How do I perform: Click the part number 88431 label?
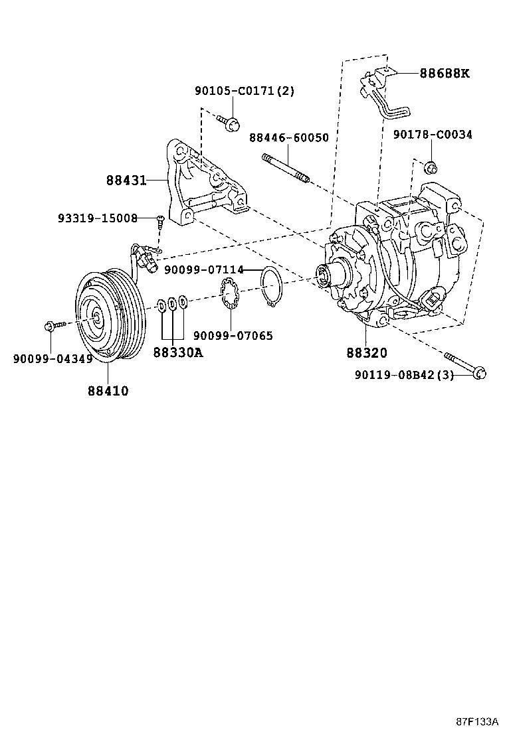[x=126, y=180]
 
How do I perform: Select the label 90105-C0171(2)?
[x=244, y=92]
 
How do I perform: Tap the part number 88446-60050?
[x=289, y=137]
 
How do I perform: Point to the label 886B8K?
[x=444, y=74]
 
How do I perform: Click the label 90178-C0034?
[x=432, y=135]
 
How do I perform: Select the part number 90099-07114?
[x=203, y=270]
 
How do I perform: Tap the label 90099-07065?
[x=233, y=336]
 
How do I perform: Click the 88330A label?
[x=177, y=353]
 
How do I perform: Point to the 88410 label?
[x=108, y=391]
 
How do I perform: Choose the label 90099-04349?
[x=52, y=359]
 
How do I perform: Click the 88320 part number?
[x=366, y=353]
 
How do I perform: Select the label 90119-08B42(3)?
[x=403, y=375]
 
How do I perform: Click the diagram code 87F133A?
[x=477, y=721]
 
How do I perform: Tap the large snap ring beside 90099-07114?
[x=272, y=285]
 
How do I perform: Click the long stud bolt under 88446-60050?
[x=286, y=167]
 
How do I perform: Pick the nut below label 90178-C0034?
[x=429, y=166]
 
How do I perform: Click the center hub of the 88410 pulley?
[x=96, y=318]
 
